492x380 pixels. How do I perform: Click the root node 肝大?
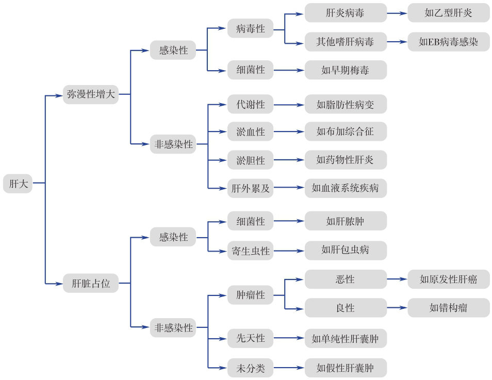point(18,183)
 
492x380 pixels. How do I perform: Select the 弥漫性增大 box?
point(91,94)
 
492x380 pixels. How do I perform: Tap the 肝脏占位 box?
point(91,283)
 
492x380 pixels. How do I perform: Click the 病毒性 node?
point(250,28)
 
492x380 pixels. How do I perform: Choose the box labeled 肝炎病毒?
point(345,13)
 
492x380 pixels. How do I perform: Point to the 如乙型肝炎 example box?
point(448,13)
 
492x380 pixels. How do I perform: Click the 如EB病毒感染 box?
point(448,42)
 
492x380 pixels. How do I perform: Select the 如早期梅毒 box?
point(345,70)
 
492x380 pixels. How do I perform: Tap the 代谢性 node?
point(250,105)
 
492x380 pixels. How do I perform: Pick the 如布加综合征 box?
point(345,131)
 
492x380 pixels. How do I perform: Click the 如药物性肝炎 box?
point(345,160)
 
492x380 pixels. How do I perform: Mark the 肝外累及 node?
point(250,188)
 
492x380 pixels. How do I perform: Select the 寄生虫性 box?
point(250,251)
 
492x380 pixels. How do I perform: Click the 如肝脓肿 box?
point(345,221)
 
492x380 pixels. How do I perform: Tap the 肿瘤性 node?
point(250,295)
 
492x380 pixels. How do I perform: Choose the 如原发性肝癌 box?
point(448,279)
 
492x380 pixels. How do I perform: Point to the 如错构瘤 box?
point(448,308)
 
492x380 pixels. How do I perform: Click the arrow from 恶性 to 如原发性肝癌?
point(397,279)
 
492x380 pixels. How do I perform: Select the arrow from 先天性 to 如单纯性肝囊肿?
point(289,339)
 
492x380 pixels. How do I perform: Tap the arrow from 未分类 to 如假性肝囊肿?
point(289,368)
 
